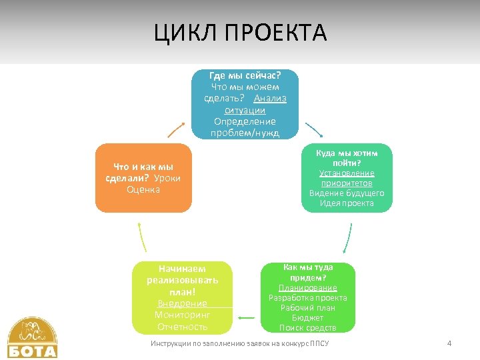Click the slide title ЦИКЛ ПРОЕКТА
point(240,32)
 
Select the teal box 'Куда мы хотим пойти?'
point(347,178)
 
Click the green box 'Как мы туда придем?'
point(307,297)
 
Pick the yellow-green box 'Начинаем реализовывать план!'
point(182,297)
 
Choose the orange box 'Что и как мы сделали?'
point(143,178)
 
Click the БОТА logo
point(32,338)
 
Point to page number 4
point(449,343)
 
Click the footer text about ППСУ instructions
point(244,343)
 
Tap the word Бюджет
point(307,318)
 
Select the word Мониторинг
point(182,315)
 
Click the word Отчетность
point(182,327)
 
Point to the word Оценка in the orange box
point(143,189)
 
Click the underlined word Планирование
point(307,288)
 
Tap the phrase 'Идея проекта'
point(347,203)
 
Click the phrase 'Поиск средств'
point(307,327)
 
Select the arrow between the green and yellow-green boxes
point(247,318)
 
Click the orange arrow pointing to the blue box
point(176,129)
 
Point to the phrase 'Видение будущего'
point(347,193)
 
